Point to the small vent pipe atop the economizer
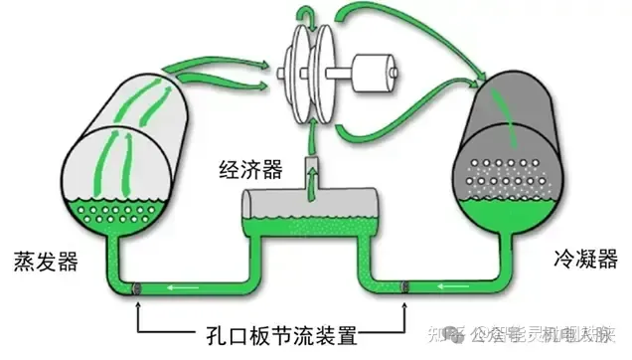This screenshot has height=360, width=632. [x=311, y=169]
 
